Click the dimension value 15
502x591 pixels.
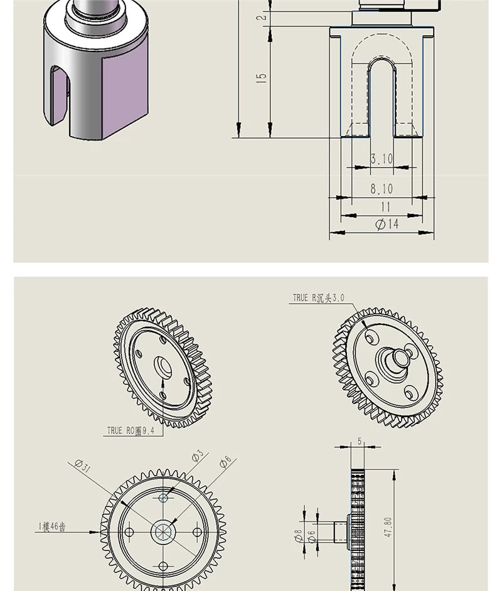point(262,78)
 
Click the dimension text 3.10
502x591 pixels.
point(381,159)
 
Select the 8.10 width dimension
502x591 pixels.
point(381,188)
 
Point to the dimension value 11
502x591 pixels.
point(385,206)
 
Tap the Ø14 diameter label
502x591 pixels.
point(387,224)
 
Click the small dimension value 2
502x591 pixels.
point(262,16)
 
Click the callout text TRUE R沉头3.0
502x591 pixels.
point(318,298)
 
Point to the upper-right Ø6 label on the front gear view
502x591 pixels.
point(225,462)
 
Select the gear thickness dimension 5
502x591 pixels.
point(360,441)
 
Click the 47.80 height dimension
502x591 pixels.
point(388,527)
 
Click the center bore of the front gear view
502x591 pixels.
point(163,532)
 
